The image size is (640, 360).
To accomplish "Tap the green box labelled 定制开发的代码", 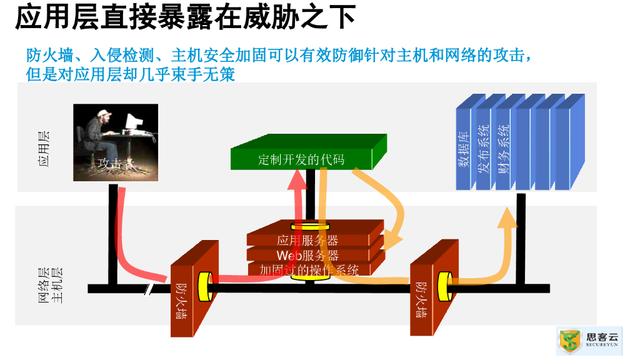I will pos(302,159).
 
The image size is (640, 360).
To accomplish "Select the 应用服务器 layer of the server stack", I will pos(307,241).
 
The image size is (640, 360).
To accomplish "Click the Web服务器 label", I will pos(307,256).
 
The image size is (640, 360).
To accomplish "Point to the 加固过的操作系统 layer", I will pos(309,271).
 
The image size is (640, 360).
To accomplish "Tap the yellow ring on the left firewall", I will pos(204,287).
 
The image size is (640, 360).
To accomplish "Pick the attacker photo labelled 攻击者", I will pos(115,142).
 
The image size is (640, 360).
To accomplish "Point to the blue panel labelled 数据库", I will pos(463,150).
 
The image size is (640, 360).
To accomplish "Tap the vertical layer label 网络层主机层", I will pos(51,285).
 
